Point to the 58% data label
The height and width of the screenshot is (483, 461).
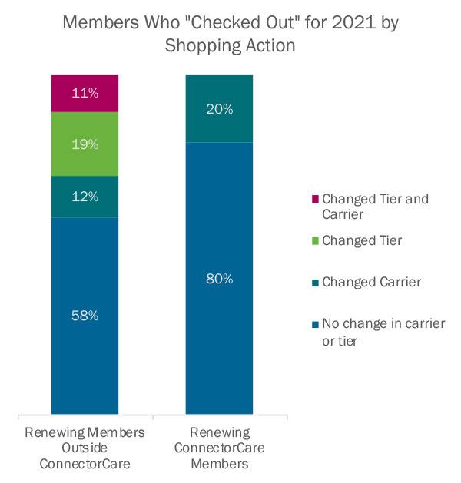click(x=85, y=316)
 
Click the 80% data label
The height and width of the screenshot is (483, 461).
click(x=219, y=279)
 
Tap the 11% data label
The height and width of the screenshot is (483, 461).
click(x=85, y=94)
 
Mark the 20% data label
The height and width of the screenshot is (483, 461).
click(x=219, y=109)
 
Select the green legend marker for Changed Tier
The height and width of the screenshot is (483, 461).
click(x=313, y=241)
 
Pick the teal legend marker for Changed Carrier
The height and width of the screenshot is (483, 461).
click(x=313, y=283)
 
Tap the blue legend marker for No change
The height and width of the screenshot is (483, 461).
click(x=313, y=324)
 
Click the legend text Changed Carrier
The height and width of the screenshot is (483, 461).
click(x=371, y=282)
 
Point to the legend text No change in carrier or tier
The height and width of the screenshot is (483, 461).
click(x=383, y=331)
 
